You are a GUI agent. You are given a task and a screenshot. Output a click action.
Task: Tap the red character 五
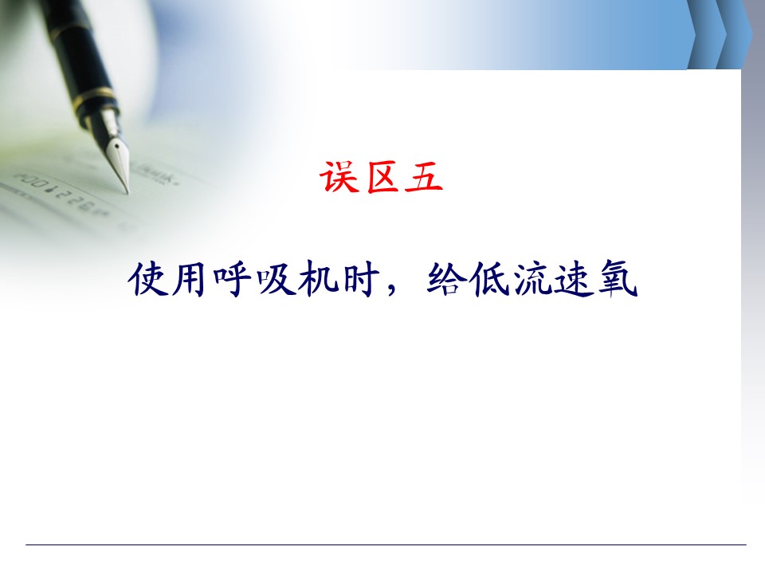coord(423,177)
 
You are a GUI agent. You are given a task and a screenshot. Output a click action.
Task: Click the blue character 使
coord(146,279)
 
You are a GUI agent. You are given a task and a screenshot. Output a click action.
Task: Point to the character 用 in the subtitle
coord(188,279)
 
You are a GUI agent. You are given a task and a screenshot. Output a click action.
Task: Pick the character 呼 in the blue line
coord(231,279)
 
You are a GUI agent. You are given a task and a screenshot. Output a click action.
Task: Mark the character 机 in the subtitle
coord(318,279)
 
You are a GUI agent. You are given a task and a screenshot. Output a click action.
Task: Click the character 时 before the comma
coord(361,279)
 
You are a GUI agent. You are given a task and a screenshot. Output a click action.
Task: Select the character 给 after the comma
coord(444,279)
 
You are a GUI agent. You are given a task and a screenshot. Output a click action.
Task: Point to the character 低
coord(488,279)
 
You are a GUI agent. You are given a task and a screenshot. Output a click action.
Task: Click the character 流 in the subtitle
coord(532,279)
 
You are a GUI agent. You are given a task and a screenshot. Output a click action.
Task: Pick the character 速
coord(575,279)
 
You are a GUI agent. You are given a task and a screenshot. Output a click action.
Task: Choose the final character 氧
coord(618,279)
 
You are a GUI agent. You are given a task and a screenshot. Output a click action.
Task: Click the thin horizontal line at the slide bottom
coord(386,545)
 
